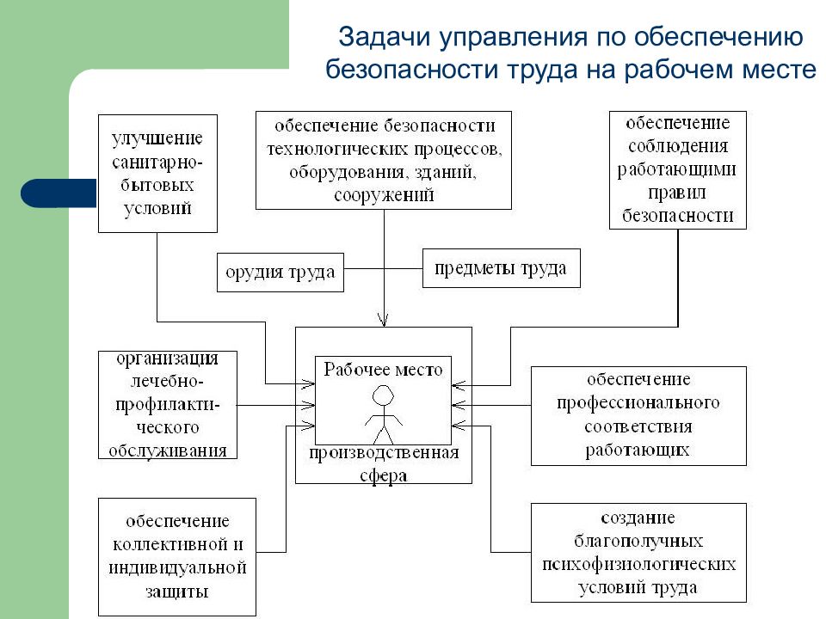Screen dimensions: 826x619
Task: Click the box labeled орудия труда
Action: coord(280,273)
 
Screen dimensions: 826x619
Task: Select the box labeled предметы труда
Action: coord(501,268)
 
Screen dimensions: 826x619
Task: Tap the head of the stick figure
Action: coord(383,395)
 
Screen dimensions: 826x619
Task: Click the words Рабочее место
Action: coord(383,370)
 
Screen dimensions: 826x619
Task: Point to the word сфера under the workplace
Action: coord(384,475)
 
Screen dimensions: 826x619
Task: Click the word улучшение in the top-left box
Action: coord(157,138)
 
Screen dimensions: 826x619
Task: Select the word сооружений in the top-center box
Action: coord(384,195)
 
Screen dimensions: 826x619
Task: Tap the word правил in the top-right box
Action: coord(677,193)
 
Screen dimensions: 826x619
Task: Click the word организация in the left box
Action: coord(167,359)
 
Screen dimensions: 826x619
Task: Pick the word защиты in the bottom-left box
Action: coord(177,591)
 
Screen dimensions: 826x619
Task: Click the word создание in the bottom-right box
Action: coord(638,518)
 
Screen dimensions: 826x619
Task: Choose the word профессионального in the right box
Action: coord(638,402)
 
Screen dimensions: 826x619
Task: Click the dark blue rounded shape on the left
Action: coord(59,193)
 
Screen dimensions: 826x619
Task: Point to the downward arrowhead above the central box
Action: coord(383,320)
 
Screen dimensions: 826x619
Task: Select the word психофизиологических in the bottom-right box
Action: coord(638,564)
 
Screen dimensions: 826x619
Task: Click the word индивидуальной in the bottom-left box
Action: coord(177,568)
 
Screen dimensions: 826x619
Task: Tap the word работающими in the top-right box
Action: coord(677,169)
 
